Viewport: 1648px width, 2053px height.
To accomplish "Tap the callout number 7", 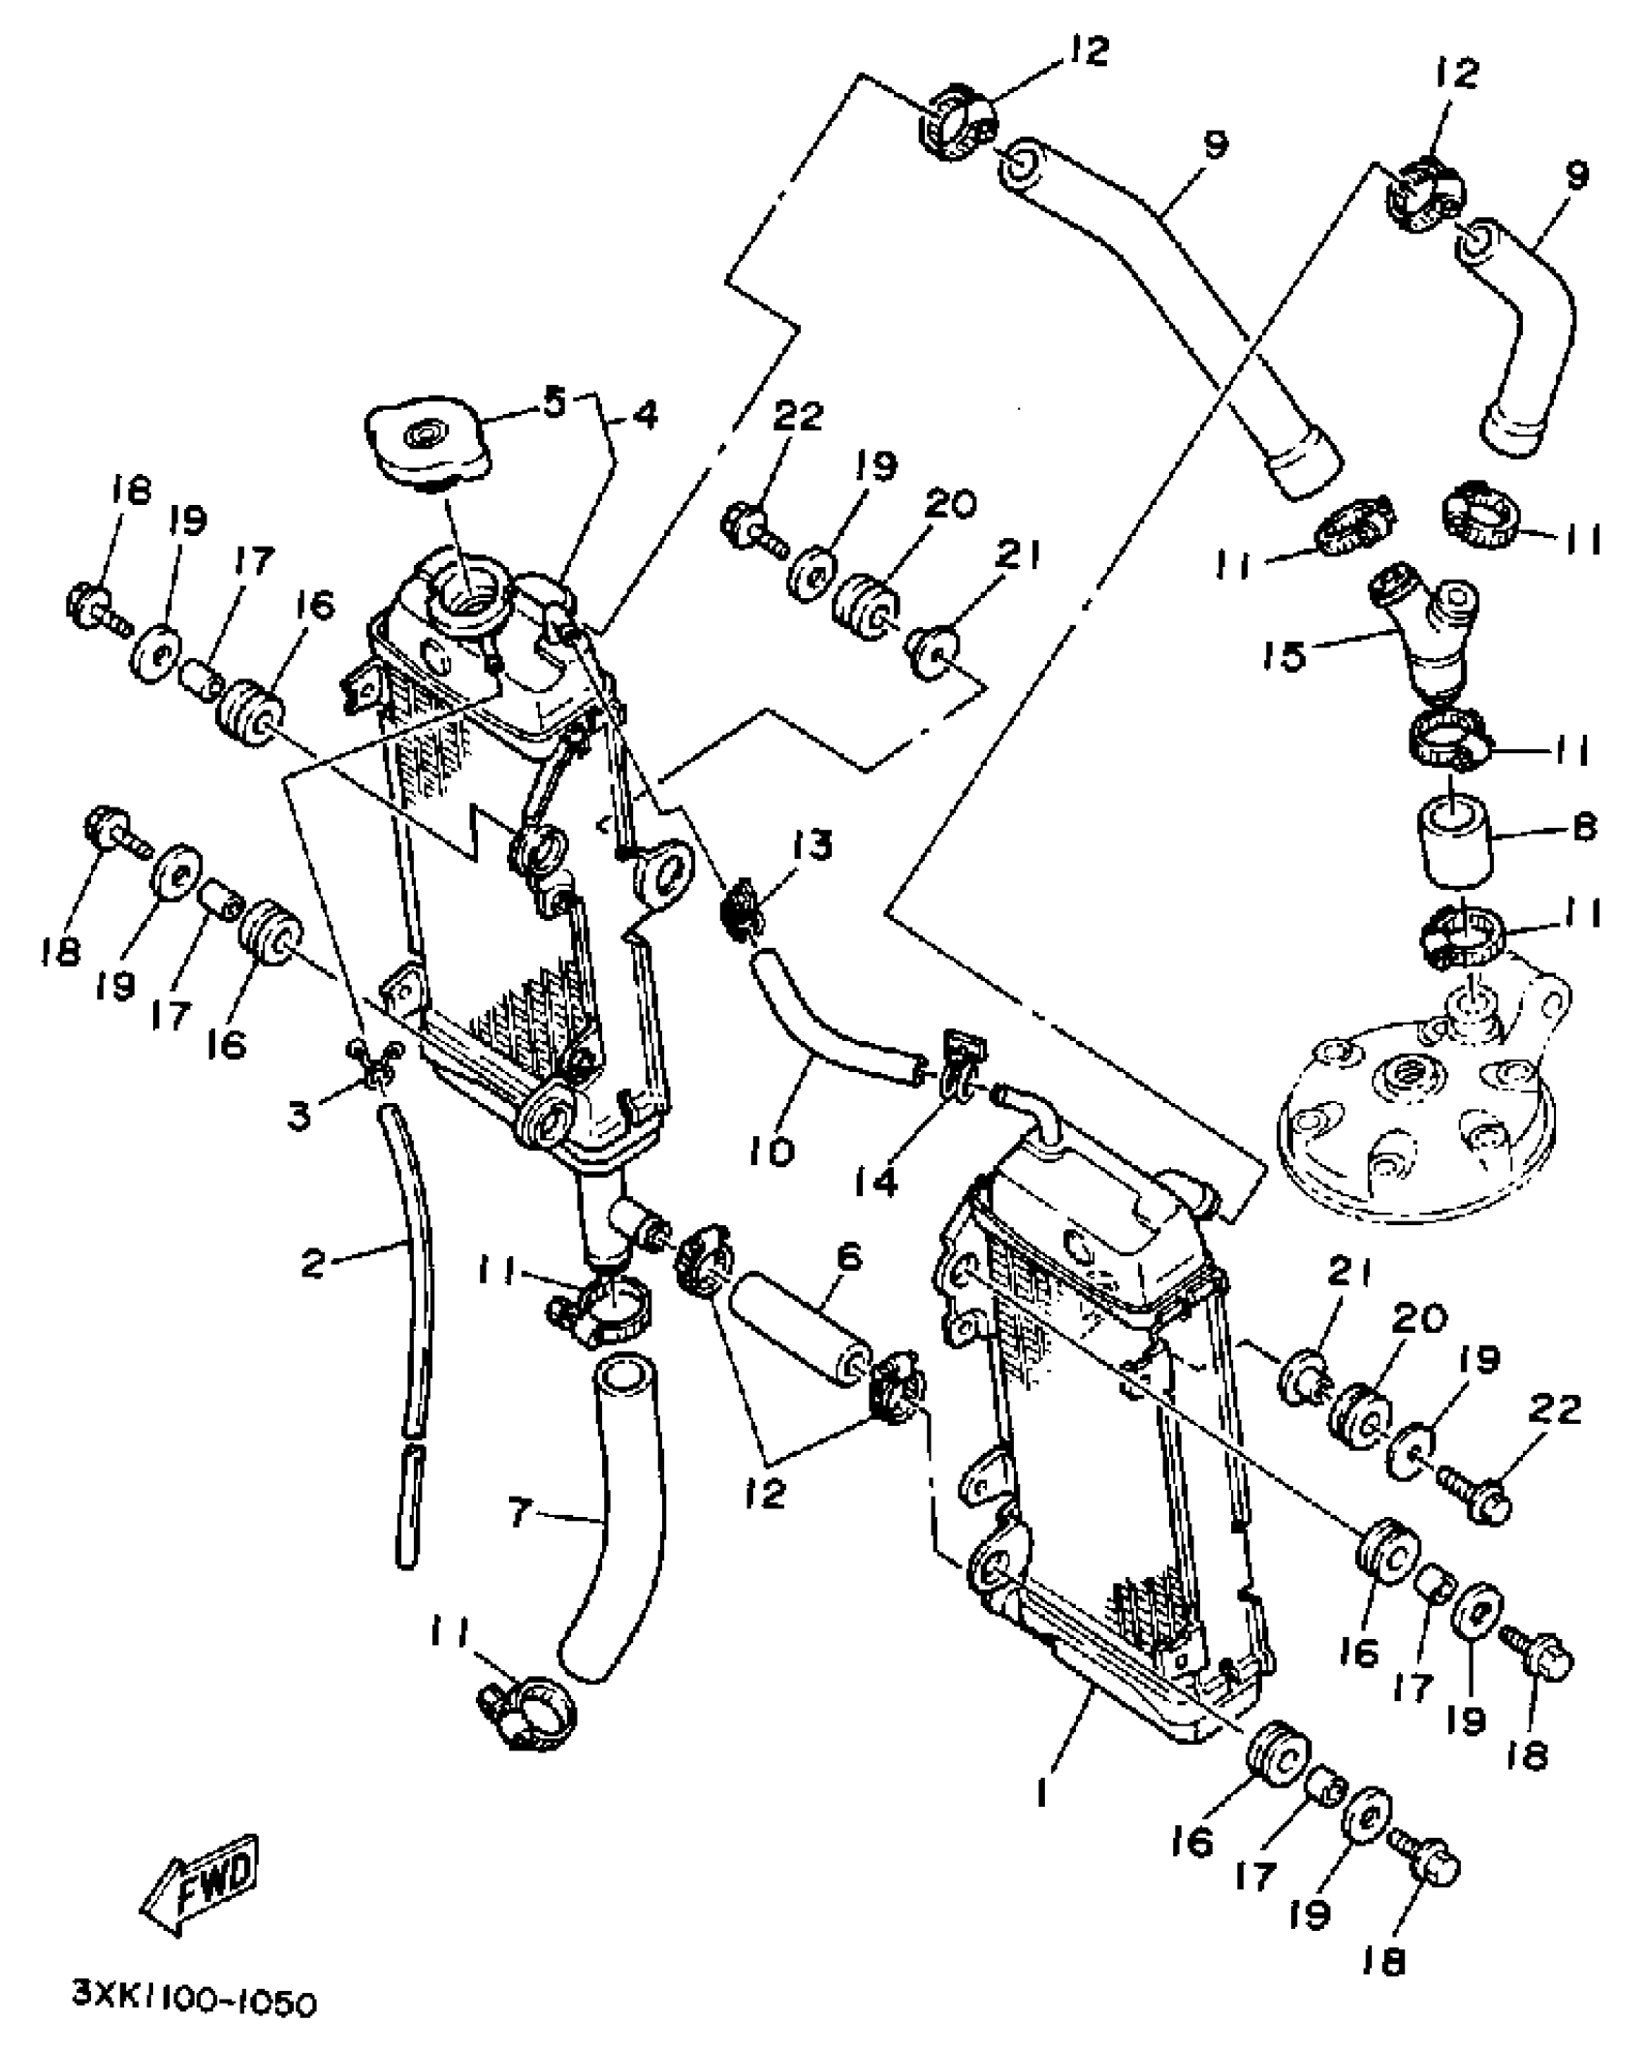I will (x=521, y=1512).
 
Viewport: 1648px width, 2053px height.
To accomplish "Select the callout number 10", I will (x=772, y=1150).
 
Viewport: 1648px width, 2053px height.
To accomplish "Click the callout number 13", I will (x=812, y=846).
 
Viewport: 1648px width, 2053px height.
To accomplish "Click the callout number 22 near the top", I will (x=797, y=417).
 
